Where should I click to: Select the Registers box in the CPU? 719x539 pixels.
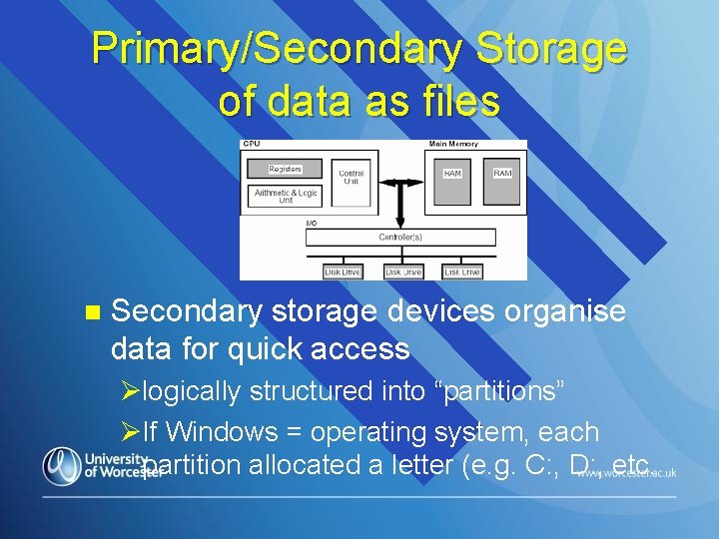point(286,170)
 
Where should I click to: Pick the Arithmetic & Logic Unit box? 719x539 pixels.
point(286,196)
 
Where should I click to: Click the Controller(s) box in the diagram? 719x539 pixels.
point(400,238)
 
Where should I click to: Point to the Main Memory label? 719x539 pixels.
point(453,145)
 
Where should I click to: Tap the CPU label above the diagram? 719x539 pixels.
point(252,145)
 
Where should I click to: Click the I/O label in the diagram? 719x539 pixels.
point(312,223)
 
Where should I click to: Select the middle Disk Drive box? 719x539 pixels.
point(403,271)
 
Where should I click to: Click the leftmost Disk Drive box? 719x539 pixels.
point(343,271)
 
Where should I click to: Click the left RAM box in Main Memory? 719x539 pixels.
point(452,174)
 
